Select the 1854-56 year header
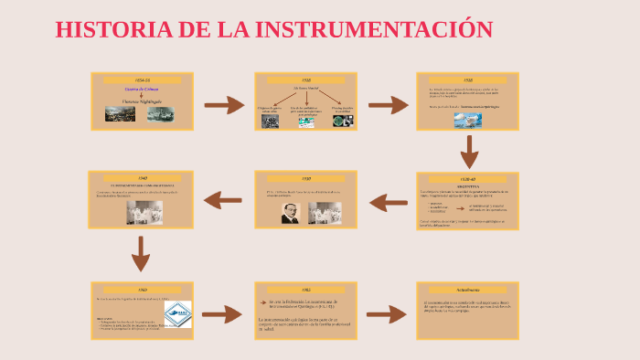pyautogui.click(x=141, y=80)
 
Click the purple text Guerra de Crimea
pyautogui.click(x=141, y=90)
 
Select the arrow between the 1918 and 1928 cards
pyautogui.click(x=388, y=105)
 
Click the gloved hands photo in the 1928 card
pyautogui.click(x=466, y=119)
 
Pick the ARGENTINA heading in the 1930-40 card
pyautogui.click(x=468, y=184)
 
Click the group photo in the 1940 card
pyautogui.click(x=140, y=212)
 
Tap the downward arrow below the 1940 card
pyautogui.click(x=140, y=253)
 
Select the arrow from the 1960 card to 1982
pyautogui.click(x=222, y=315)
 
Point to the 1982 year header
pyautogui.click(x=306, y=290)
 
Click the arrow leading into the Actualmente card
pyautogui.click(x=385, y=315)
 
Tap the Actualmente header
pyautogui.click(x=468, y=290)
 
